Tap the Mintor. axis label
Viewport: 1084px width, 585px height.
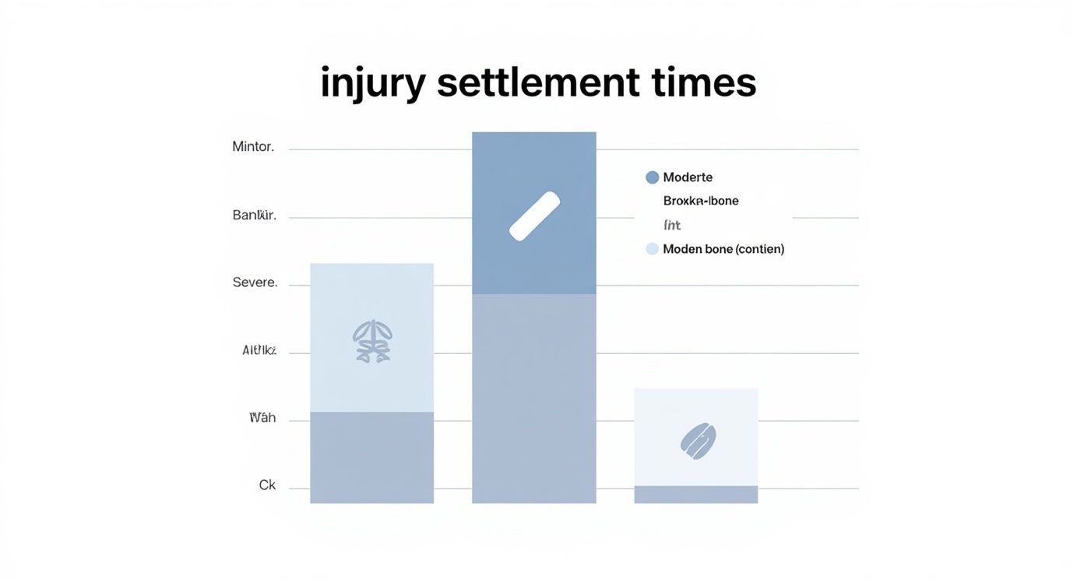(253, 147)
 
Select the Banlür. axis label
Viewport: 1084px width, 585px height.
(254, 215)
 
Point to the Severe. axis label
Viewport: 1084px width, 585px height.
(255, 283)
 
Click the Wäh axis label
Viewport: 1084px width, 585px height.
(262, 419)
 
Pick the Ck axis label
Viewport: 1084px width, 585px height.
(267, 485)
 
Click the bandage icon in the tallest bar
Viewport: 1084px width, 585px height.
(534, 215)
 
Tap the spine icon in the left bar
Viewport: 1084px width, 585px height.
(371, 342)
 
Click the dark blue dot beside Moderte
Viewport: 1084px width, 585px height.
(653, 178)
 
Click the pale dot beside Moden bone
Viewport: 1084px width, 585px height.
(653, 249)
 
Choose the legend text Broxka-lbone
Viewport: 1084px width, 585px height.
(701, 201)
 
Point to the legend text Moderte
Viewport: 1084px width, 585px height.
(688, 178)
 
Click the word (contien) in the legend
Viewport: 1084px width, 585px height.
(760, 250)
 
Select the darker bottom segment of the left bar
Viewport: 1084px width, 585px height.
(371, 457)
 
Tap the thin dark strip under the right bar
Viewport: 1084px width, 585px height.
(695, 495)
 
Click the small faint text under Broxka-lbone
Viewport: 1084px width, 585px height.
(672, 226)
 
